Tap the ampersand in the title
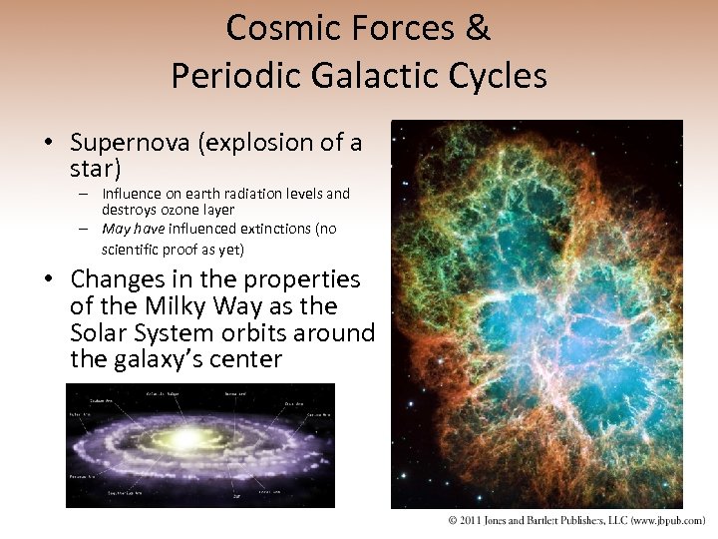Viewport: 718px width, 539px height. tap(477, 28)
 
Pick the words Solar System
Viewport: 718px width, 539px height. tap(146, 332)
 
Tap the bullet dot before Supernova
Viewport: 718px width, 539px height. tap(48, 144)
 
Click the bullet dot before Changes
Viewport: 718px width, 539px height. tap(48, 280)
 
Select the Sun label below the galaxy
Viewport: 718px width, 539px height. tap(235, 495)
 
